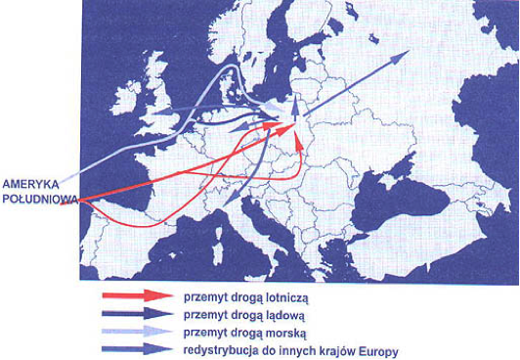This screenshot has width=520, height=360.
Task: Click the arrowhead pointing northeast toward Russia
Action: [x=401, y=57]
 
